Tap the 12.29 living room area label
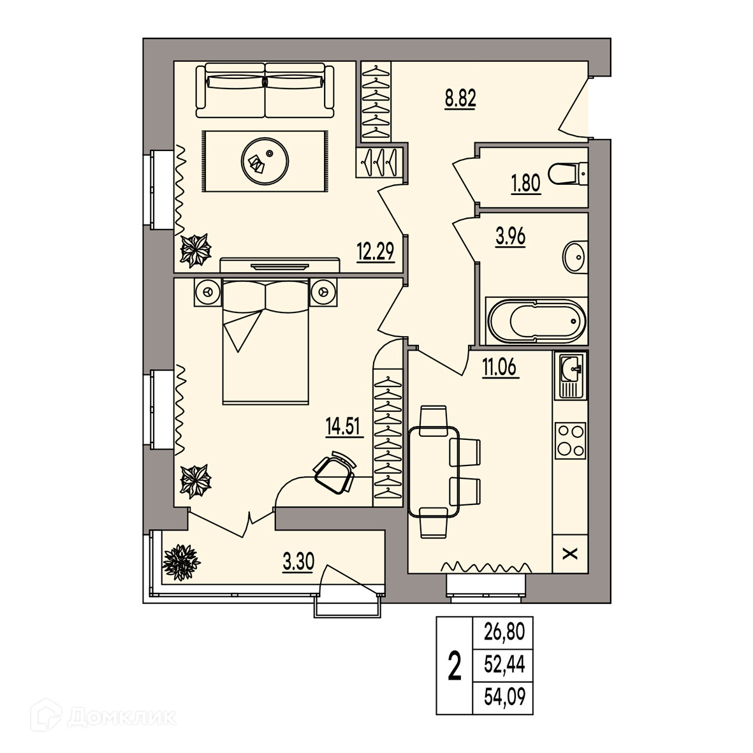375,251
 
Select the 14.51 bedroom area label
344,426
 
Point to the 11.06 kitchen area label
501,367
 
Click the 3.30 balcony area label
298,561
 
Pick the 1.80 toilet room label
526,183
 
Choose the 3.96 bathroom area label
511,237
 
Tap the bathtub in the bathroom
536,321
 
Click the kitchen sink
570,375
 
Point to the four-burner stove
570,441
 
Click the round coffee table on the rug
265,161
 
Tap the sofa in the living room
265,90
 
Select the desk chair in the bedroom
335,472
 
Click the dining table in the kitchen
434,471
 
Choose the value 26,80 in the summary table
504,632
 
